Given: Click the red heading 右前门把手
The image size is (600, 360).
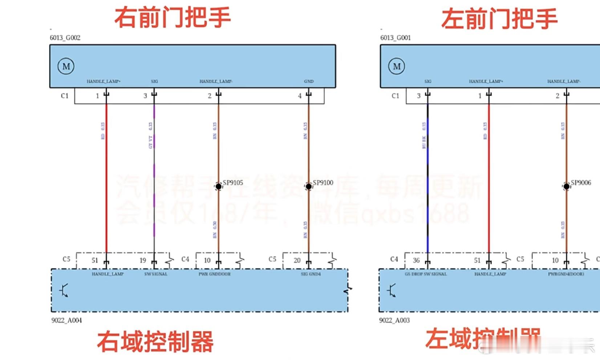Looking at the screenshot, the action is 173,17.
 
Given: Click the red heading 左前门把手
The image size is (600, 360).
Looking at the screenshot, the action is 499,19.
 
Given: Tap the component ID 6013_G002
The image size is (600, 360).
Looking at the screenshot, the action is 65,38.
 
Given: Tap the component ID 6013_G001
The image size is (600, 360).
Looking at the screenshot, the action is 396,38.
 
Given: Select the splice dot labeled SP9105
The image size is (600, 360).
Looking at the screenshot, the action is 218,186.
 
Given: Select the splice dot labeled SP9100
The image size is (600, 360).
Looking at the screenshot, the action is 309,186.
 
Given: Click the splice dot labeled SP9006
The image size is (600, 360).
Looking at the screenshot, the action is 566,186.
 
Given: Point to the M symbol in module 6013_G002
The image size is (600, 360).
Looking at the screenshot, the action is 66,66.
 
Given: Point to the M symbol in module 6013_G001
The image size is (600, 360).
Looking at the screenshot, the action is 397,66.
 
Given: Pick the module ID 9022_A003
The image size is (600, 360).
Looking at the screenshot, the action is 394,320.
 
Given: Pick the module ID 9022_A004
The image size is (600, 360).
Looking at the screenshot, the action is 66,320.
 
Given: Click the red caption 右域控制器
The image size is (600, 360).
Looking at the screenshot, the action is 155,341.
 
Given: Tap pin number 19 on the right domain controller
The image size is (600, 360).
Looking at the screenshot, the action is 143,260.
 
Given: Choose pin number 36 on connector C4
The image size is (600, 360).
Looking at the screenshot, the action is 416,260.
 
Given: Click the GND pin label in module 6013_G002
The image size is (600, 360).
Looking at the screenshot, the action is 309,81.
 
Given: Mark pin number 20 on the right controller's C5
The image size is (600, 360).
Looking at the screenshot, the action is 297,260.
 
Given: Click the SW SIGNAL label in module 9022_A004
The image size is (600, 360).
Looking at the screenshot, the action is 156,274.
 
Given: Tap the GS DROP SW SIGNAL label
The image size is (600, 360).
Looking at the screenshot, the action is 426,274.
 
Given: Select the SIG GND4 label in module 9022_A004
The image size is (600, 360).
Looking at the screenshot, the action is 311,274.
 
